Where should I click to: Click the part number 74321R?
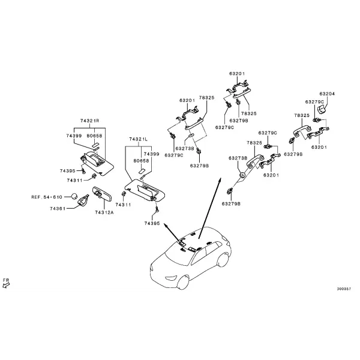pyautogui.click(x=89, y=121)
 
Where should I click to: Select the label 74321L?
pyautogui.click(x=139, y=139)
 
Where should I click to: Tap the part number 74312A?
pyautogui.click(x=104, y=212)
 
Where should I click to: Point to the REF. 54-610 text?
pyautogui.click(x=47, y=197)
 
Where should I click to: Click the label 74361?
pyautogui.click(x=58, y=208)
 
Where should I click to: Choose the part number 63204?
pyautogui.click(x=327, y=94)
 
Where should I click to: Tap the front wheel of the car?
pyautogui.click(x=183, y=282)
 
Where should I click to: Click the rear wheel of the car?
pyautogui.click(x=223, y=260)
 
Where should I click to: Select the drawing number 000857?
pyautogui.click(x=344, y=289)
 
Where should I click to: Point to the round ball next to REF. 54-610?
pyautogui.click(x=74, y=197)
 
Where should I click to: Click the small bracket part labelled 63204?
pyautogui.click(x=322, y=109)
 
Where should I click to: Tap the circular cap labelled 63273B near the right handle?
pyautogui.click(x=242, y=175)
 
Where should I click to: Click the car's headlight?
pyautogui.click(x=171, y=278)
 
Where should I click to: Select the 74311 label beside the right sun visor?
pyautogui.click(x=74, y=181)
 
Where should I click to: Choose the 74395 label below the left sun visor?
pyautogui.click(x=152, y=223)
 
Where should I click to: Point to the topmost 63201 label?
pyautogui.click(x=237, y=74)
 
